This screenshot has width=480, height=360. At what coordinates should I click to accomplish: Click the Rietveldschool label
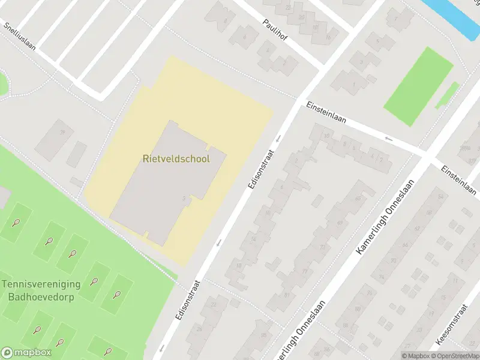click(176, 159)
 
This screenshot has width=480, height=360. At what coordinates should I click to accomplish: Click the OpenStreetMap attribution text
click(455, 355)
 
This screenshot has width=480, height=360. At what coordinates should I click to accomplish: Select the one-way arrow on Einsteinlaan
click(388, 138)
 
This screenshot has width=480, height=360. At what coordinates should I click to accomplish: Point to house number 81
click(286, 294)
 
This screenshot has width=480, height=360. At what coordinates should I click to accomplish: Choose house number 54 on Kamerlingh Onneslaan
click(442, 196)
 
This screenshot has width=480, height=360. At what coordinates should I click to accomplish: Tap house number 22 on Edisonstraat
click(214, 304)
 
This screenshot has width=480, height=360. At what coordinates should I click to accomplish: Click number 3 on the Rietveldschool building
click(182, 198)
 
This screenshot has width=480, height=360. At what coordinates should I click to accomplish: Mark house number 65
click(358, 198)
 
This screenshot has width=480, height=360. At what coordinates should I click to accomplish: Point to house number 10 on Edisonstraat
click(268, 212)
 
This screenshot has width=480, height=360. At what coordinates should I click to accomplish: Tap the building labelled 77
click(304, 271)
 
